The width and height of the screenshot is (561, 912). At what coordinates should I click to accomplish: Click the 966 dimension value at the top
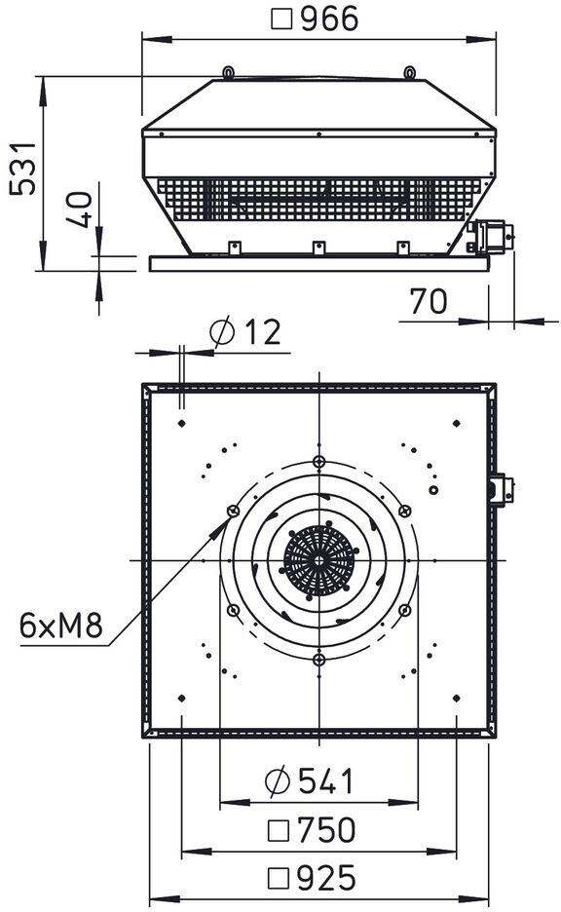click(x=329, y=19)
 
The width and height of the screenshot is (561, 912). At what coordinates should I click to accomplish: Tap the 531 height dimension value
click(x=24, y=169)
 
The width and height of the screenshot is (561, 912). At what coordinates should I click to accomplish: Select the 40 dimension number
click(x=79, y=209)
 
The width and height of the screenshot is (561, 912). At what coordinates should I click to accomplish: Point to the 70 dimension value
click(x=429, y=301)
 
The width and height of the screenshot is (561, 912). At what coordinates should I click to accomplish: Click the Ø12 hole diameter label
click(x=245, y=331)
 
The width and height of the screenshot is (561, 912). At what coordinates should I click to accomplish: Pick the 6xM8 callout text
click(x=61, y=626)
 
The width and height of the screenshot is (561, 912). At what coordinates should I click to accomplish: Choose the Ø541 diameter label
click(x=309, y=781)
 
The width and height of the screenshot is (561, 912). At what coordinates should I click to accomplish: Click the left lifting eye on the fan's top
click(x=229, y=72)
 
